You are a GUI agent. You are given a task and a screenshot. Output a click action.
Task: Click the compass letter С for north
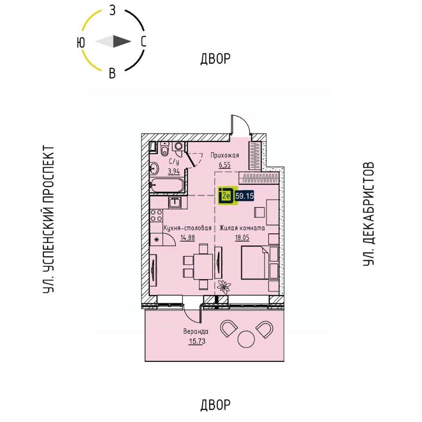pos(143,42)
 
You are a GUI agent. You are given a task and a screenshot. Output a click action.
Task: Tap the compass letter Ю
pos(80,42)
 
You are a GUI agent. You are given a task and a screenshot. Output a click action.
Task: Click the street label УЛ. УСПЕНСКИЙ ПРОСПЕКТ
pos(49,220)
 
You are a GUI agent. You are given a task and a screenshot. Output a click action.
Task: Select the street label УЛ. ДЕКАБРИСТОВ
pos(368,214)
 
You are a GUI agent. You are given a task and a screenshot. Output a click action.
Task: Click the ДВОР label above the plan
pos(215,58)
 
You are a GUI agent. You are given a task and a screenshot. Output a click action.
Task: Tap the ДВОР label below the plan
pos(215,404)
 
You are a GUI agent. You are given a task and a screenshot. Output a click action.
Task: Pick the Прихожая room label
pos(224,155)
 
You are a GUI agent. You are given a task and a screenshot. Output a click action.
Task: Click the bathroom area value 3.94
pos(176,172)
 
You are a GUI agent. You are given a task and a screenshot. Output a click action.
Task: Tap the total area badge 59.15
pos(244,196)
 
